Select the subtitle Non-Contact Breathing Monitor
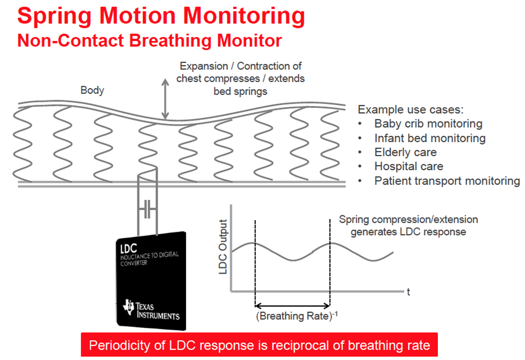(149, 41)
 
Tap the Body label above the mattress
(92, 90)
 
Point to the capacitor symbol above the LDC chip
(147, 210)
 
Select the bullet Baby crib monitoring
(428, 124)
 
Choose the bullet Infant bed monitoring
(430, 138)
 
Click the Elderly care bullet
(405, 152)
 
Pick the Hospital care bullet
(409, 167)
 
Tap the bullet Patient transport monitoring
(447, 181)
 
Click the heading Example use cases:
(411, 110)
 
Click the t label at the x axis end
(408, 292)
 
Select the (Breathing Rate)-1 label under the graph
(293, 315)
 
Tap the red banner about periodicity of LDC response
(259, 345)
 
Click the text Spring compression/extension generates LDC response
(408, 225)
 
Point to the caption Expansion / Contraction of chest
(241, 79)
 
